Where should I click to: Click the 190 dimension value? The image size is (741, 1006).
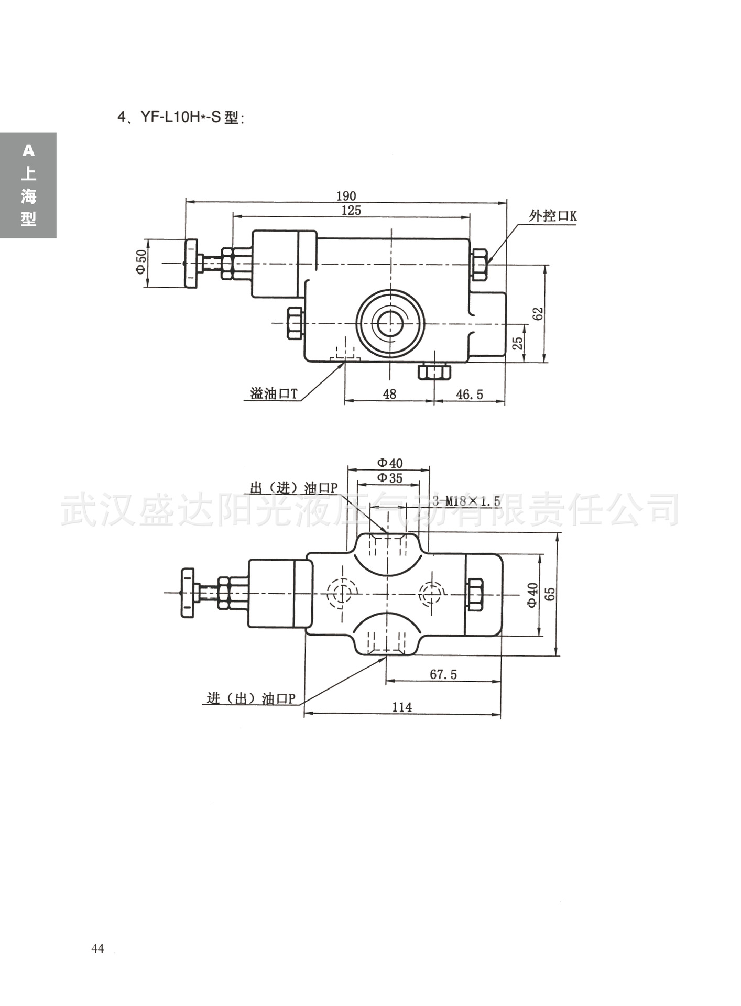[346, 196]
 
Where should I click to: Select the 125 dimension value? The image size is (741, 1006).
[351, 210]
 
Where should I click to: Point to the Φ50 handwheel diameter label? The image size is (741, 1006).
[140, 262]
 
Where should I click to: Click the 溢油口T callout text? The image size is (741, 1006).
[273, 394]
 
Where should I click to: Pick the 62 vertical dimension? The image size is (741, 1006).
[538, 313]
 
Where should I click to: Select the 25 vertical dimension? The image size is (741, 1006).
[518, 343]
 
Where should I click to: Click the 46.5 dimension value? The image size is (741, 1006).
[470, 395]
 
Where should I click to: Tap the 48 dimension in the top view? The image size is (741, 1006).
[389, 394]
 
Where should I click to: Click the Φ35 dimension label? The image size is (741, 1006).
[389, 478]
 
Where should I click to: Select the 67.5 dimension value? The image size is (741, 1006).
[443, 674]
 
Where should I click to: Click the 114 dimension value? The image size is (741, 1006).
[402, 707]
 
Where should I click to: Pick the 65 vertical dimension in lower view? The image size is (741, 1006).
[550, 594]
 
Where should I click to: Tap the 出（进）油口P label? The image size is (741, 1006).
[293, 488]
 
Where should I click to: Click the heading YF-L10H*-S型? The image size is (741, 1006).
[181, 117]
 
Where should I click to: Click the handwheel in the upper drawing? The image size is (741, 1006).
[191, 263]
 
